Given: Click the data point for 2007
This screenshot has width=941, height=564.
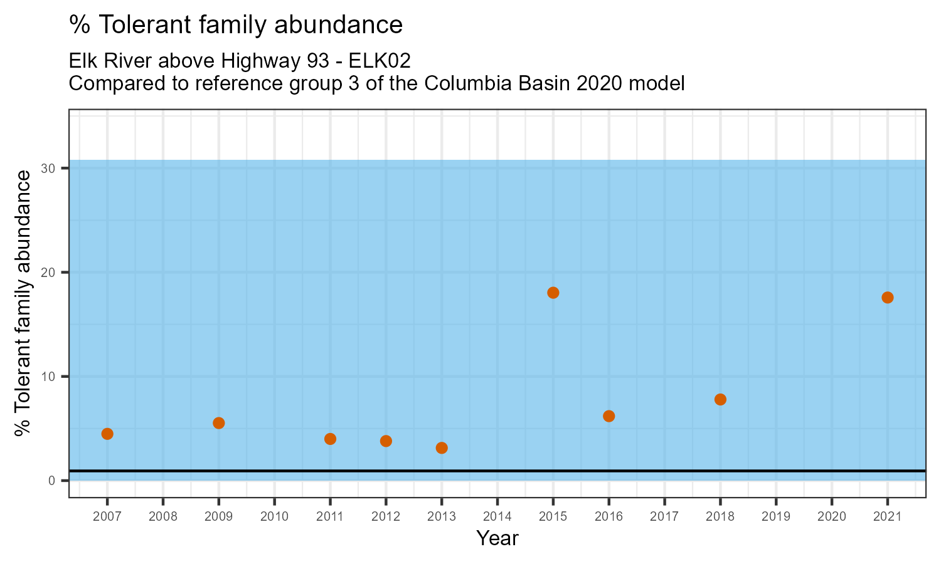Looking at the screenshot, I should (x=107, y=434).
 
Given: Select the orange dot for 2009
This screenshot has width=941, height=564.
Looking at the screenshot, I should (x=219, y=423).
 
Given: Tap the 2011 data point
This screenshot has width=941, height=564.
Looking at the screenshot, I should (x=331, y=439).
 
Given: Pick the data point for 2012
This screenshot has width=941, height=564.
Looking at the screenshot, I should (x=386, y=441).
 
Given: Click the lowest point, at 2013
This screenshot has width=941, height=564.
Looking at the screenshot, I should (x=442, y=448).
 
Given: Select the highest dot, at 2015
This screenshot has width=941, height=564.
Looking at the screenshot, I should (x=553, y=293).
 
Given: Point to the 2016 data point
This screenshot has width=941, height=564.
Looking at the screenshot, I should (x=609, y=416).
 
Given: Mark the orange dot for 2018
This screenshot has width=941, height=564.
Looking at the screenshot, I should (x=720, y=399).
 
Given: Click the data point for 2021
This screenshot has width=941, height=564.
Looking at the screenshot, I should (x=888, y=298).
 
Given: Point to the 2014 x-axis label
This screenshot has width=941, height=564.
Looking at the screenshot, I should (x=497, y=517).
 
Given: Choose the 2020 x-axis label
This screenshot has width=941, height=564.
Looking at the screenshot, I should (x=832, y=517).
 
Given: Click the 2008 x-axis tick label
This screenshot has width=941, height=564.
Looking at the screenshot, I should (x=163, y=517).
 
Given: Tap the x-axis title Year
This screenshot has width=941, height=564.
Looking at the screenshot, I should (x=497, y=538).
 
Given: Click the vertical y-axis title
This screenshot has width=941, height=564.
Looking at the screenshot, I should (x=23, y=303).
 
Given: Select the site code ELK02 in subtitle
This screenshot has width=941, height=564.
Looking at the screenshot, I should (x=381, y=61).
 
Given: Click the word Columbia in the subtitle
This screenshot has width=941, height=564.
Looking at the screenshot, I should (x=468, y=83).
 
